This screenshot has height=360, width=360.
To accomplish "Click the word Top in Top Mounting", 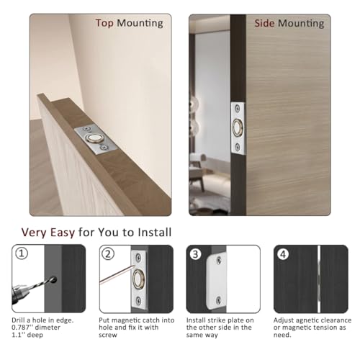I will pyautogui.click(x=106, y=23).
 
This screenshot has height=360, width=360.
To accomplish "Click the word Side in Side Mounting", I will pyautogui.click(x=266, y=23).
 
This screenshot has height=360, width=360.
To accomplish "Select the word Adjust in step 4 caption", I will pyautogui.click(x=285, y=319).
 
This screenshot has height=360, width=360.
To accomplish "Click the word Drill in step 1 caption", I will pyautogui.click(x=20, y=319).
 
